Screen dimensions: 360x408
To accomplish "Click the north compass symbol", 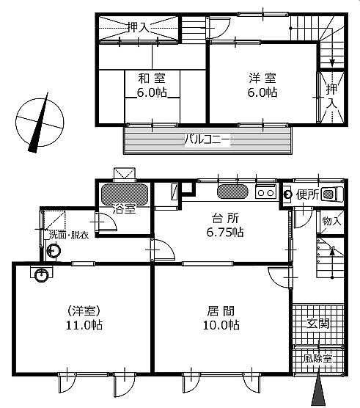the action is pyautogui.click(x=40, y=123).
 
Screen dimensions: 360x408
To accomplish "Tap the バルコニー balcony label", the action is pyautogui.click(x=207, y=140).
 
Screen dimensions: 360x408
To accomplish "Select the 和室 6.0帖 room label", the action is pyautogui.click(x=152, y=85).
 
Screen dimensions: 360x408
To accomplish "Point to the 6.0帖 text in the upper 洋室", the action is pyautogui.click(x=262, y=92).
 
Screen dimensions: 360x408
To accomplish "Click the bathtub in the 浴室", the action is pyautogui.click(x=125, y=194).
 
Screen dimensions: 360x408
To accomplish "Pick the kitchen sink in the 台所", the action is pyautogui.click(x=232, y=192).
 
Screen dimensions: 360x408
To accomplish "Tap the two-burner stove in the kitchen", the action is pyautogui.click(x=265, y=192).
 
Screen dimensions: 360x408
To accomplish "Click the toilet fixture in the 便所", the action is pyautogui.click(x=332, y=194).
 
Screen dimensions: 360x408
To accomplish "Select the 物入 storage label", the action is pyautogui.click(x=331, y=221).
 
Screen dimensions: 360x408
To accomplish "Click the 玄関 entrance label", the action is pyautogui.click(x=318, y=324).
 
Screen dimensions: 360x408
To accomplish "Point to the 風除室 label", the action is pyautogui.click(x=317, y=358).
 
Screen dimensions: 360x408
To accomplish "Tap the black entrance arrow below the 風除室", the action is pyautogui.click(x=318, y=390).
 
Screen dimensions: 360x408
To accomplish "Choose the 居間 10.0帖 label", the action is pyautogui.click(x=221, y=318).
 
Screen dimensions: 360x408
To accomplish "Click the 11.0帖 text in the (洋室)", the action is pyautogui.click(x=84, y=325).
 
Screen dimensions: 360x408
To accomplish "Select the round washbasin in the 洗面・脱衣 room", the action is pyautogui.click(x=54, y=251).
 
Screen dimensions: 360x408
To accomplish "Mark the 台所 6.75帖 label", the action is pyautogui.click(x=225, y=225).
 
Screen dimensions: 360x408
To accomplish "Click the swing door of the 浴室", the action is pyautogui.click(x=106, y=222).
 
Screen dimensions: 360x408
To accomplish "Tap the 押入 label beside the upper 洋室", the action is pyautogui.click(x=331, y=95).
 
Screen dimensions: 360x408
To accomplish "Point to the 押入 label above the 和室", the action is pyautogui.click(x=139, y=27).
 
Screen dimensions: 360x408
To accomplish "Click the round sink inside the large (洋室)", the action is pyautogui.click(x=41, y=275).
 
